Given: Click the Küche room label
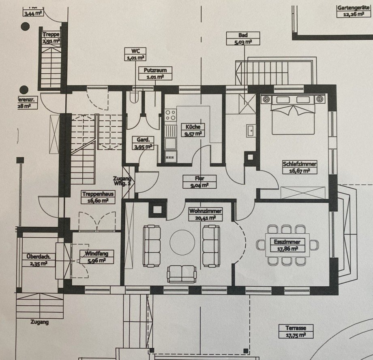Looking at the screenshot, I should tap(192, 130).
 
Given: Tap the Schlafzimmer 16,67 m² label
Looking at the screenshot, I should tap(300, 167).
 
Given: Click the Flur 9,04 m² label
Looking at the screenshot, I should tap(199, 182).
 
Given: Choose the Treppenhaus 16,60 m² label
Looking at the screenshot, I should tap(96, 197).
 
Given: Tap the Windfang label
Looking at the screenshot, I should tap(93, 257).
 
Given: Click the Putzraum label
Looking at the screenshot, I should tap(155, 73).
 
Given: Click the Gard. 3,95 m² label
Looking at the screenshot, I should tap(143, 143).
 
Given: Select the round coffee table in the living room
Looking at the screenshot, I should tap(182, 242).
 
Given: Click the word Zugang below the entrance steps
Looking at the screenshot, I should tap(39, 322).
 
